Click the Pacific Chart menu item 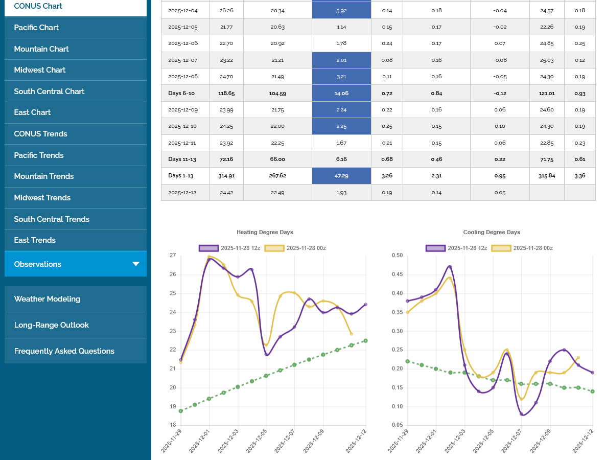(x=36, y=28)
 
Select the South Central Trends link (x=52, y=219)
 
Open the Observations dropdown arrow (x=136, y=264)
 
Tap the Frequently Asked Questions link (x=64, y=351)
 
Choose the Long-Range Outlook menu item (x=51, y=325)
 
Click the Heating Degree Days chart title (x=265, y=232)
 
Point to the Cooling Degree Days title (x=492, y=232)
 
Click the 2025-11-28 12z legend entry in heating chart (x=230, y=248)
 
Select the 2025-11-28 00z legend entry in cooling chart (x=522, y=248)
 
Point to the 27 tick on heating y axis (x=173, y=256)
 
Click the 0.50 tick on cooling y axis (x=397, y=256)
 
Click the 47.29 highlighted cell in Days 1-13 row (x=341, y=176)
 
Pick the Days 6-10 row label (x=182, y=94)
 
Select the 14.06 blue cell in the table (x=341, y=94)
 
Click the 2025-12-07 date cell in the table (x=182, y=60)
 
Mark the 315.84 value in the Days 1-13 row (x=547, y=176)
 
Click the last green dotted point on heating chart (x=366, y=340)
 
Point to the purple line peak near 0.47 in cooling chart (x=450, y=267)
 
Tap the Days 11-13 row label (x=182, y=159)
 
